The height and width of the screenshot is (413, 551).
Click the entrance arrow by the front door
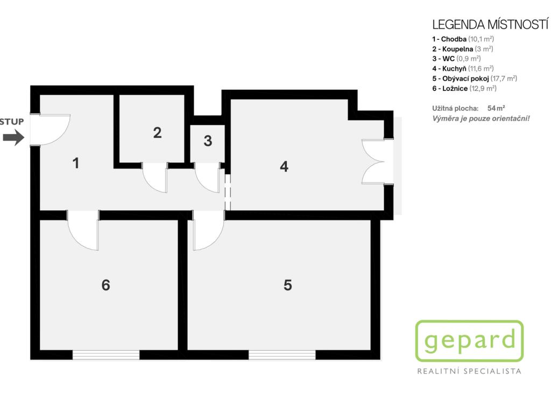tap(13, 137)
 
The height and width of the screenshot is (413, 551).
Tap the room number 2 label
tap(158, 133)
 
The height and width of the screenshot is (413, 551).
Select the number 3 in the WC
tap(208, 141)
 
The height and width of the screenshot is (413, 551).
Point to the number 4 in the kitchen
tap(284, 167)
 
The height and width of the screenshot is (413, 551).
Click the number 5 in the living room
tap(287, 285)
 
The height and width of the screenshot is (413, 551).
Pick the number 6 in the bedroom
tap(106, 285)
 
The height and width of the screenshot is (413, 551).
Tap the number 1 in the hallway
tap(76, 163)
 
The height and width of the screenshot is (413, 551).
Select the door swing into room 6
tap(83, 230)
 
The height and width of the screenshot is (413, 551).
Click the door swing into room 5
tap(208, 230)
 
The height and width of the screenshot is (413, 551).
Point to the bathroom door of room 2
tap(155, 177)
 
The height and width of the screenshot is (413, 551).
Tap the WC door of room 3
tap(207, 177)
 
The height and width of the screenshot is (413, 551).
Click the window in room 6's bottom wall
tap(106, 355)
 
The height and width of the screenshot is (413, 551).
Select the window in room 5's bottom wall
tap(282, 355)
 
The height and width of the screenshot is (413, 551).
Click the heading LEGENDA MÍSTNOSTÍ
tap(490, 25)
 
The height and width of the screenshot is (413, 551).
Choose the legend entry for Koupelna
tap(462, 49)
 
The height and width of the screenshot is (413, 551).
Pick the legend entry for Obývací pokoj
tap(475, 79)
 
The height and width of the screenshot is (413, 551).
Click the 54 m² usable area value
tap(496, 108)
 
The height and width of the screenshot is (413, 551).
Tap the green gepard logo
tap(469, 341)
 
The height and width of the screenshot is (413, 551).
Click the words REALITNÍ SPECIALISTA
tap(469, 371)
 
